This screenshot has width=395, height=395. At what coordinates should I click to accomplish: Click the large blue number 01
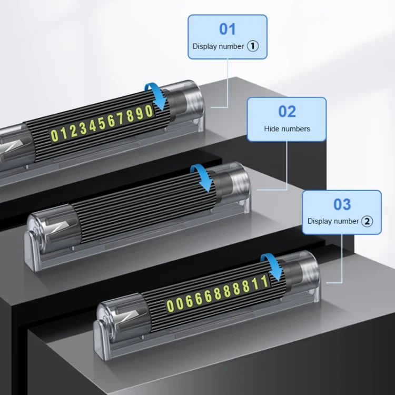(x=228, y=29)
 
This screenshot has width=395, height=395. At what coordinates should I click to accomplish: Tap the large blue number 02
(x=287, y=111)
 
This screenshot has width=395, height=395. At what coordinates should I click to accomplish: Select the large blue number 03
(x=342, y=204)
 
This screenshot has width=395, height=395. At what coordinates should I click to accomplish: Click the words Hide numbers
(x=287, y=129)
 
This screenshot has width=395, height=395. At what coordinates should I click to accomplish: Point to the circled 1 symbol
(x=253, y=46)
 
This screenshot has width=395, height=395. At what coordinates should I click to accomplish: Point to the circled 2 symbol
(x=367, y=221)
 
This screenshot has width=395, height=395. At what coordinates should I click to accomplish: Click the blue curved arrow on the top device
(x=157, y=96)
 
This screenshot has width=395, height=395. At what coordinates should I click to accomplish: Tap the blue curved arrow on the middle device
(x=202, y=177)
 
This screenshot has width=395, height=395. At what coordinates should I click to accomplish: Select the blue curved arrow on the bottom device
(x=273, y=266)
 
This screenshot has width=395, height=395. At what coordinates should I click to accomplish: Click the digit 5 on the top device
(x=102, y=124)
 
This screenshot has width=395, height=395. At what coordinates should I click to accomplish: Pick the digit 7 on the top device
(x=121, y=118)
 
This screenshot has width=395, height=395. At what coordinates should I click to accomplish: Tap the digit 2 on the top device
(x=73, y=131)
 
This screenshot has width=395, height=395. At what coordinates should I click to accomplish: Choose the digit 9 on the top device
(x=140, y=114)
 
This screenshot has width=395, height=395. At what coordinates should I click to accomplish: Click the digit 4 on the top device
(x=93, y=126)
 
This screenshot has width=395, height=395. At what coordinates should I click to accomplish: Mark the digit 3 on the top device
(x=83, y=129)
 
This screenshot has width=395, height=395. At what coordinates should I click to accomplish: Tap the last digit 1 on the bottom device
(x=264, y=281)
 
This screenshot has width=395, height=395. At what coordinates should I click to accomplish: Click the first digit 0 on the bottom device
(x=170, y=306)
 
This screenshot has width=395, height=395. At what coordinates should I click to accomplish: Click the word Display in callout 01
(x=204, y=46)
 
